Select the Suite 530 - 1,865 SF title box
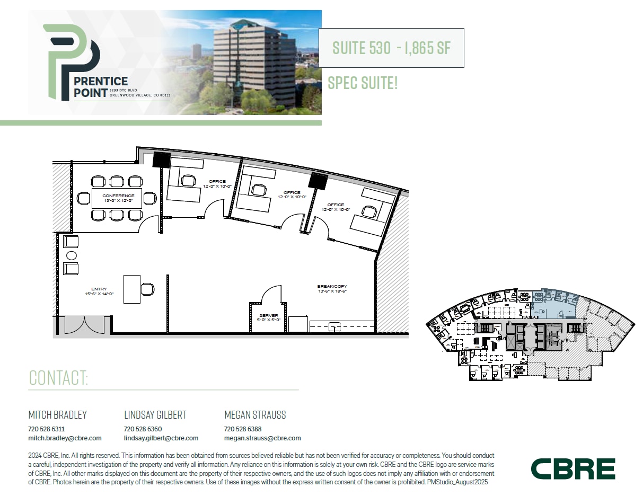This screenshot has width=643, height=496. (391, 48)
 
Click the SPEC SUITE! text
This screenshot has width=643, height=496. (363, 83)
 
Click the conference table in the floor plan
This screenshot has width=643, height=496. (117, 198)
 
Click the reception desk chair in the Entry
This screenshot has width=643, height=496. (148, 289)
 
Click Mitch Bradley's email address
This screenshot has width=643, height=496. (65, 438)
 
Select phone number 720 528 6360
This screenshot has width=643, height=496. (143, 429)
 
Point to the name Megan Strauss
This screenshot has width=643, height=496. (255, 415)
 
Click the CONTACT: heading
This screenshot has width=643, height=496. (58, 378)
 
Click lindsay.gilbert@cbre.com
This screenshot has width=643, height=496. (161, 438)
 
